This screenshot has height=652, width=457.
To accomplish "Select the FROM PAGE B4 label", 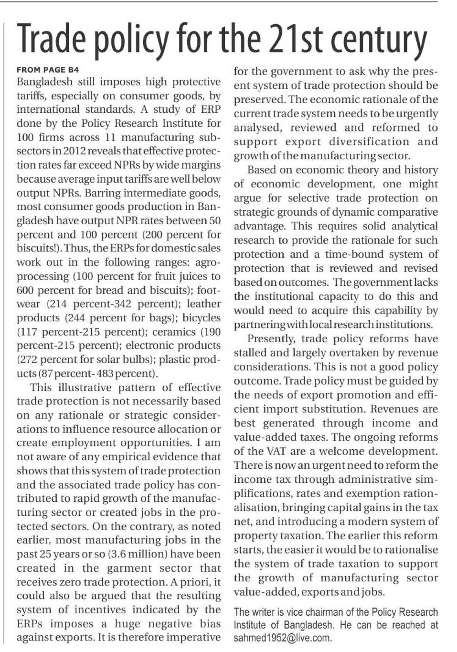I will click(48, 70).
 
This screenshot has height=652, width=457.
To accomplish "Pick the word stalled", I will click(250, 353).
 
